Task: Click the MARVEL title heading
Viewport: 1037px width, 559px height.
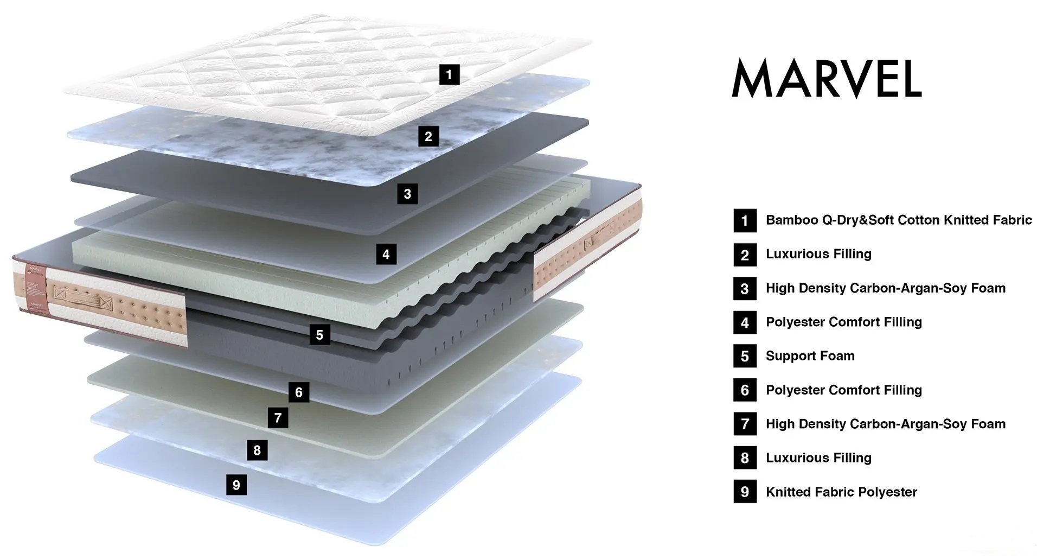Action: point(827,78)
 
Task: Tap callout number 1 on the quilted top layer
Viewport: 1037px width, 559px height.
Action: point(449,74)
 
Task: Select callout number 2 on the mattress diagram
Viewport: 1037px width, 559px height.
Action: point(428,136)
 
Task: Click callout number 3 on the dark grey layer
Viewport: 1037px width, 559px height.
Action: point(407,194)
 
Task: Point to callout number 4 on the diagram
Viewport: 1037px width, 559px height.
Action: point(386,254)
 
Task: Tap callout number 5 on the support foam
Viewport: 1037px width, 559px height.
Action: point(319,335)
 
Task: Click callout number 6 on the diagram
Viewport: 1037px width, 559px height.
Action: point(299,392)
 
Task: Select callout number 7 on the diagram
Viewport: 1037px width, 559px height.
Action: point(278,417)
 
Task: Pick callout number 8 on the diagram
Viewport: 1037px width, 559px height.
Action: point(257,450)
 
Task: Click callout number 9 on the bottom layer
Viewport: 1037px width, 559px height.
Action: point(236,485)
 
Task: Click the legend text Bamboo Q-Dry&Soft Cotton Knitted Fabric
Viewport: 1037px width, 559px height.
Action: point(899,220)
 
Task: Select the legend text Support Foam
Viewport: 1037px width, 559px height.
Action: point(810,356)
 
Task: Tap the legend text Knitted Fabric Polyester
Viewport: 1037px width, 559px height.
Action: point(841,492)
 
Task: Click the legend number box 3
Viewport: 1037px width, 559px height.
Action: point(745,289)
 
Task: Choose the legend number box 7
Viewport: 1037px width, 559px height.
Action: point(745,424)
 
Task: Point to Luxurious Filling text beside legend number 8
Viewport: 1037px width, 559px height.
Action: point(818,458)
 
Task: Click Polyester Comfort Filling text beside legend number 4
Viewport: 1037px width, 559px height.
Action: point(843,322)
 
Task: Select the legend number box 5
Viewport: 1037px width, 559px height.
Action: point(745,357)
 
